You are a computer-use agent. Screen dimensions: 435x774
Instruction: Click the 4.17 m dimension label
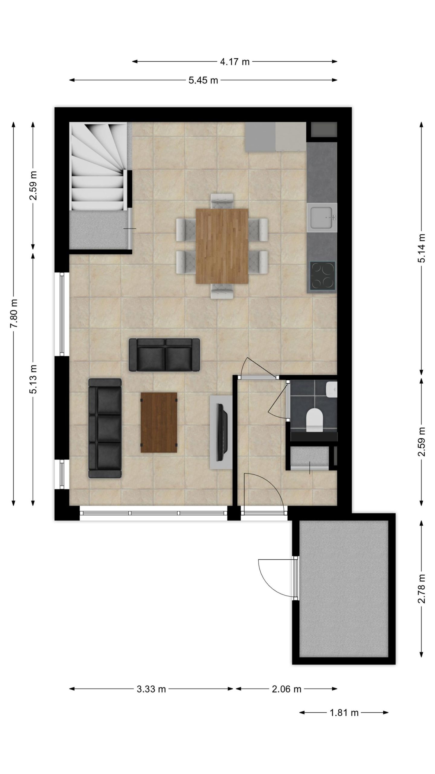click(x=235, y=62)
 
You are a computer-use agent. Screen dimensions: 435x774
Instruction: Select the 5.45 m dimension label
click(x=203, y=80)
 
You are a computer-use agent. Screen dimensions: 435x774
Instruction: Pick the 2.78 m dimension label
click(x=422, y=589)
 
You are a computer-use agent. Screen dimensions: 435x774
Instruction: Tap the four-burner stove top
click(x=323, y=275)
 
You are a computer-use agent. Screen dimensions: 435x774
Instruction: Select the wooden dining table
click(x=222, y=246)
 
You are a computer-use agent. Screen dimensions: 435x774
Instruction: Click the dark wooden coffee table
click(x=159, y=422)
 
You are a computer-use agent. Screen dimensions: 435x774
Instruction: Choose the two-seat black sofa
click(x=164, y=355)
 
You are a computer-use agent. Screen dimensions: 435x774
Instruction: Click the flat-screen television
click(x=223, y=428)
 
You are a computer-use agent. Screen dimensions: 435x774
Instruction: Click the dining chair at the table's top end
click(x=222, y=201)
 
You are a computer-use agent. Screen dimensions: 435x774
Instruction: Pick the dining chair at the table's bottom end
click(x=222, y=291)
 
